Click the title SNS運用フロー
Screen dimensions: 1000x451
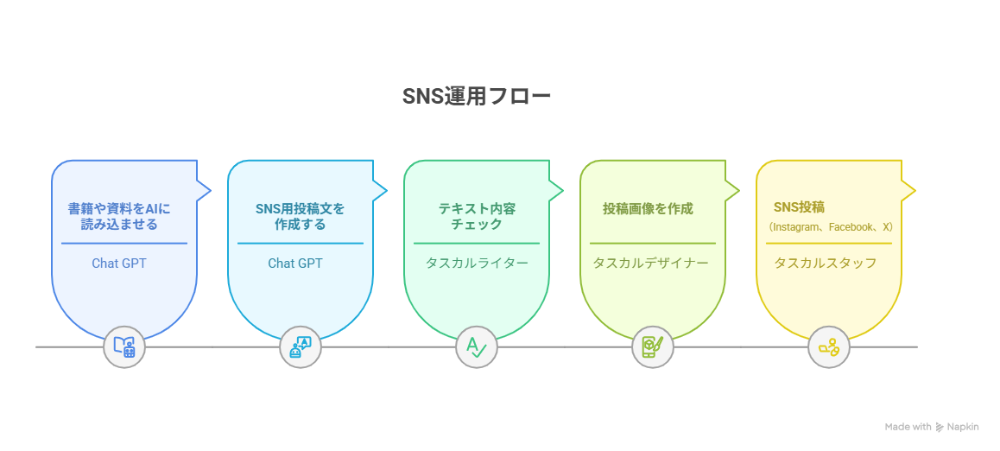click(477, 96)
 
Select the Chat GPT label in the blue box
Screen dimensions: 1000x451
click(119, 263)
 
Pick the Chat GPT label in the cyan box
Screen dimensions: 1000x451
click(295, 263)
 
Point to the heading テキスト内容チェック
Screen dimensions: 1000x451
click(477, 216)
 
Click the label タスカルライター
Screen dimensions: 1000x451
click(477, 263)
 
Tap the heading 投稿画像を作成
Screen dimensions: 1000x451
click(648, 208)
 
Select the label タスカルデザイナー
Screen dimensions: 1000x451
click(650, 263)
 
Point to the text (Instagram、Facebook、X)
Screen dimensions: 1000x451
click(831, 226)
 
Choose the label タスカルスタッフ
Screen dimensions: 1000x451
click(826, 263)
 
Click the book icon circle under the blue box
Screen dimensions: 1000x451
click(124, 347)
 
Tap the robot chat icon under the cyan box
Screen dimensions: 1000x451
click(301, 347)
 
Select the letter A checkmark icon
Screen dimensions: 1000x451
click(477, 347)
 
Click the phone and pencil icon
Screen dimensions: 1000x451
click(653, 347)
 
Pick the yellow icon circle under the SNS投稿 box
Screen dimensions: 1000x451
click(828, 347)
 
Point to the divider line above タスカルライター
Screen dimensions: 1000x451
click(477, 243)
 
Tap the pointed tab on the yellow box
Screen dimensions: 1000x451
click(908, 189)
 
